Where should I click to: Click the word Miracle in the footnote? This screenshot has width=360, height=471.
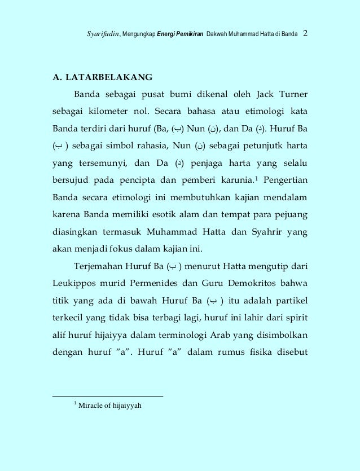[x=93, y=405]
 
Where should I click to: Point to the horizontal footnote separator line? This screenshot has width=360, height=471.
[x=107, y=396]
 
